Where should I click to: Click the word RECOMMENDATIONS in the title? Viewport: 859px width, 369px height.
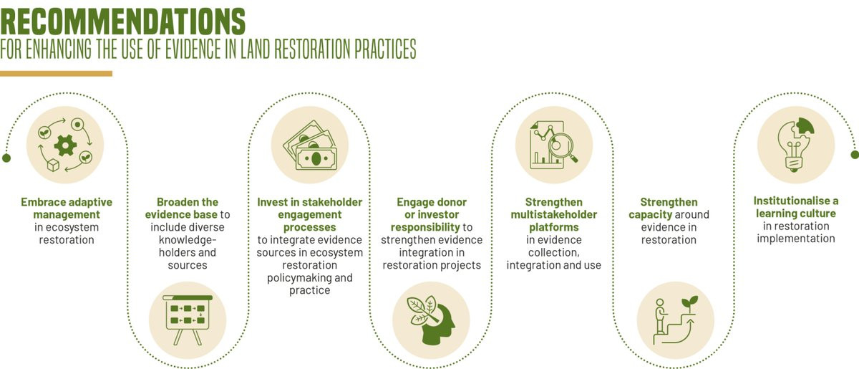coord(122,21)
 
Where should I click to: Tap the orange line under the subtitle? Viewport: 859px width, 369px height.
coord(56,73)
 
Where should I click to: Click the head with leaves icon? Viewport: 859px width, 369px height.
coord(432,320)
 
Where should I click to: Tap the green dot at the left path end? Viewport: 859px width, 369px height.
coord(6,158)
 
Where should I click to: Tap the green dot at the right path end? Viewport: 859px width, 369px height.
coord(853,154)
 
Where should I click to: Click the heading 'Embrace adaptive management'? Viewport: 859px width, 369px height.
coord(66,208)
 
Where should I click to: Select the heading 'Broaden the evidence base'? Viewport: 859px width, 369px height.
coord(188,208)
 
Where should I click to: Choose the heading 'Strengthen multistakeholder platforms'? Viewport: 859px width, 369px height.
coord(553,214)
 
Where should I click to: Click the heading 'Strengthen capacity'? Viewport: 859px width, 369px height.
coord(669,209)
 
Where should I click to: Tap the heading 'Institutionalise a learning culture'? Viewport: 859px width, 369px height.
coord(795,207)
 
